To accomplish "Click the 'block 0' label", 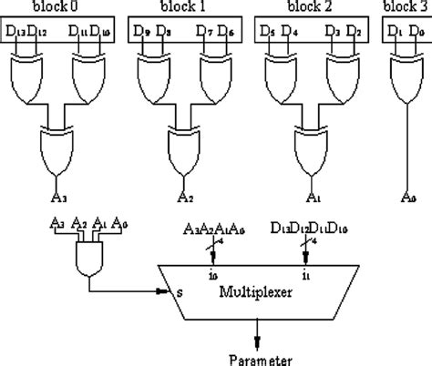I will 59,8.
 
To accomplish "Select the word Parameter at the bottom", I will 261,356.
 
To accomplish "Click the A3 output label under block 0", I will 59,195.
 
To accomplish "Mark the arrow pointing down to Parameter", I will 261,335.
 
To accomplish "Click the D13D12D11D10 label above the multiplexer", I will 306,227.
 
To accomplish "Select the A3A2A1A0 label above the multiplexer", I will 214,227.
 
